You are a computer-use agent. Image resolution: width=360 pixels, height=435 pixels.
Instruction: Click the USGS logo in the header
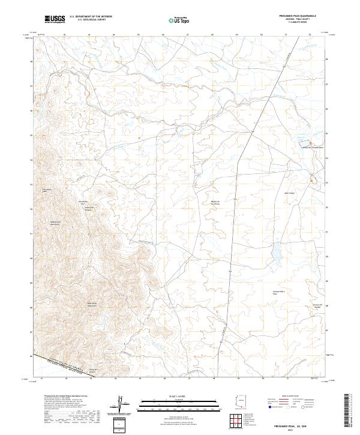point(55,19)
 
